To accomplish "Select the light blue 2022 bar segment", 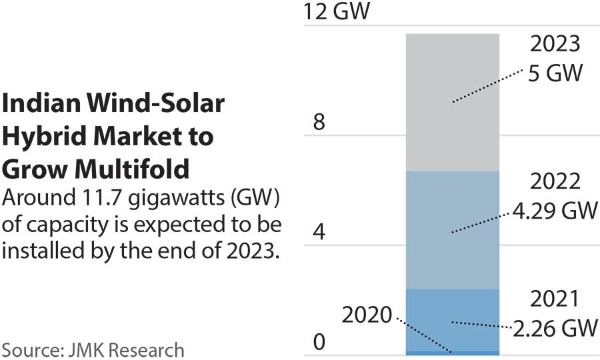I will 453,230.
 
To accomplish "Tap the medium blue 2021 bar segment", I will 453,319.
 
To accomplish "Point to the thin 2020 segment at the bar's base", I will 453,353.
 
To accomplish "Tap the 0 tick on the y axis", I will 319,343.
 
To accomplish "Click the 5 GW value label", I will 555,71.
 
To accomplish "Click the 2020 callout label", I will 367,315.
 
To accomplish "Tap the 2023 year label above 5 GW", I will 555,45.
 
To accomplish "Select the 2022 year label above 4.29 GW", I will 555,182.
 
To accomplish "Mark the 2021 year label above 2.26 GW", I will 555,299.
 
